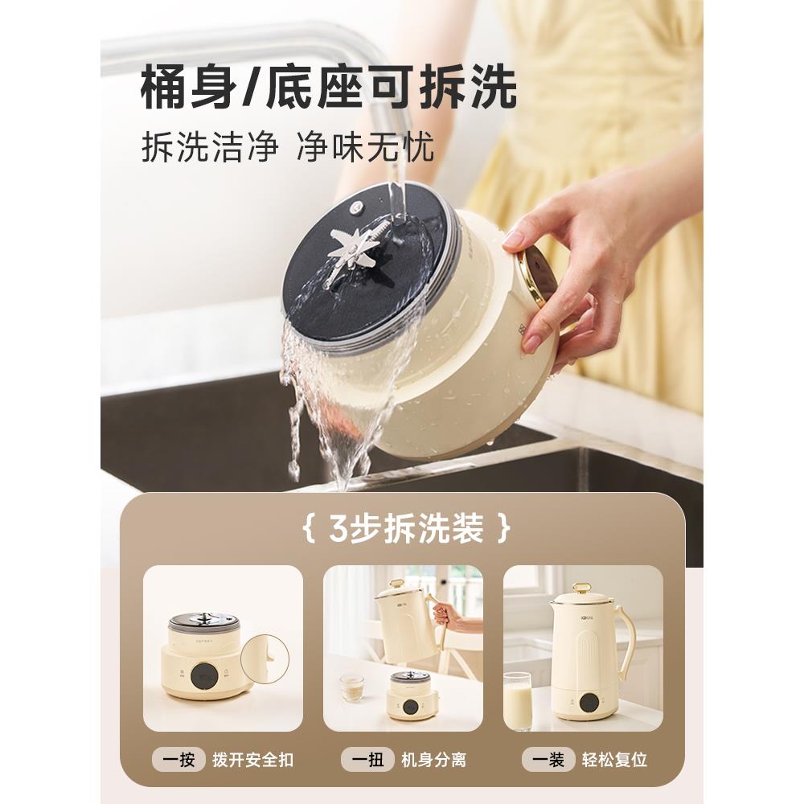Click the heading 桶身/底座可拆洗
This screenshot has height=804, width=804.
328,87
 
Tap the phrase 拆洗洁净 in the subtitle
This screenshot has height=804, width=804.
210,149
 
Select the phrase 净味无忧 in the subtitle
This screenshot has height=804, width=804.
365,149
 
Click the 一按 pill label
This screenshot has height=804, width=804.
179,758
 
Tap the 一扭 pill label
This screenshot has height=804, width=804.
367,758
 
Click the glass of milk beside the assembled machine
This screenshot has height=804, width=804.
517,699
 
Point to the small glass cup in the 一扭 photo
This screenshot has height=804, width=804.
351,687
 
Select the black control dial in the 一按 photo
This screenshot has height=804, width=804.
203,678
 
